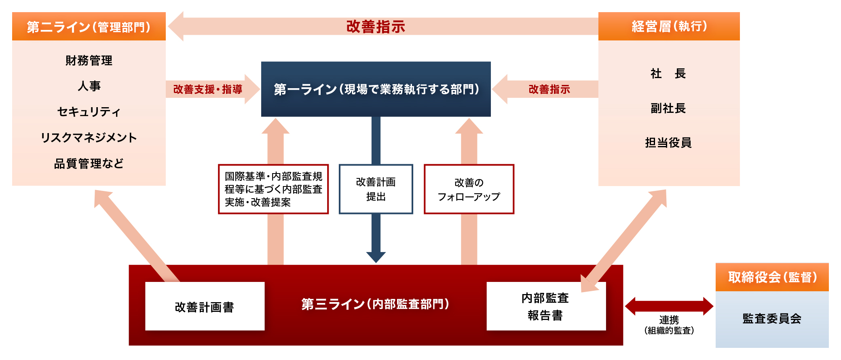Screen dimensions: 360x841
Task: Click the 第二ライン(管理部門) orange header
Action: click(89, 27)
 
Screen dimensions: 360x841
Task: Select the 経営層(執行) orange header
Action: click(669, 27)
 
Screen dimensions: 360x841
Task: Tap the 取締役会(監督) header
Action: click(772, 277)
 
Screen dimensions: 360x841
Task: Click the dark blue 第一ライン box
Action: click(376, 89)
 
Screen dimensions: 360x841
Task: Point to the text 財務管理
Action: click(89, 61)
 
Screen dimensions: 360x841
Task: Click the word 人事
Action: click(89, 86)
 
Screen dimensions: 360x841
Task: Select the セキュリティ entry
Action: click(89, 112)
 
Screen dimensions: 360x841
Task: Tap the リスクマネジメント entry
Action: click(89, 138)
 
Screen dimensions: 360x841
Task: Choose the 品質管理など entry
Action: click(89, 163)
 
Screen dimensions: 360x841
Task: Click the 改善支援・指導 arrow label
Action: click(208, 89)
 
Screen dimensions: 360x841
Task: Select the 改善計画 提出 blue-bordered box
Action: click(376, 189)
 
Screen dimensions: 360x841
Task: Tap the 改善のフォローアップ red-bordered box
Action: click(469, 189)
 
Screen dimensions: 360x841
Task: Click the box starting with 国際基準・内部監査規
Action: click(273, 189)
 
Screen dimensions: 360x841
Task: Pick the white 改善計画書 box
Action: click(205, 307)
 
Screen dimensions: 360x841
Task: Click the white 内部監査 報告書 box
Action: click(546, 307)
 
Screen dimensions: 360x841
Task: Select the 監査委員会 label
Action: click(772, 319)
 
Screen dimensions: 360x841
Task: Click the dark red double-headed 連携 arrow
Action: click(669, 306)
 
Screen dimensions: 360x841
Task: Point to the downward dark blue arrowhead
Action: click(376, 257)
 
